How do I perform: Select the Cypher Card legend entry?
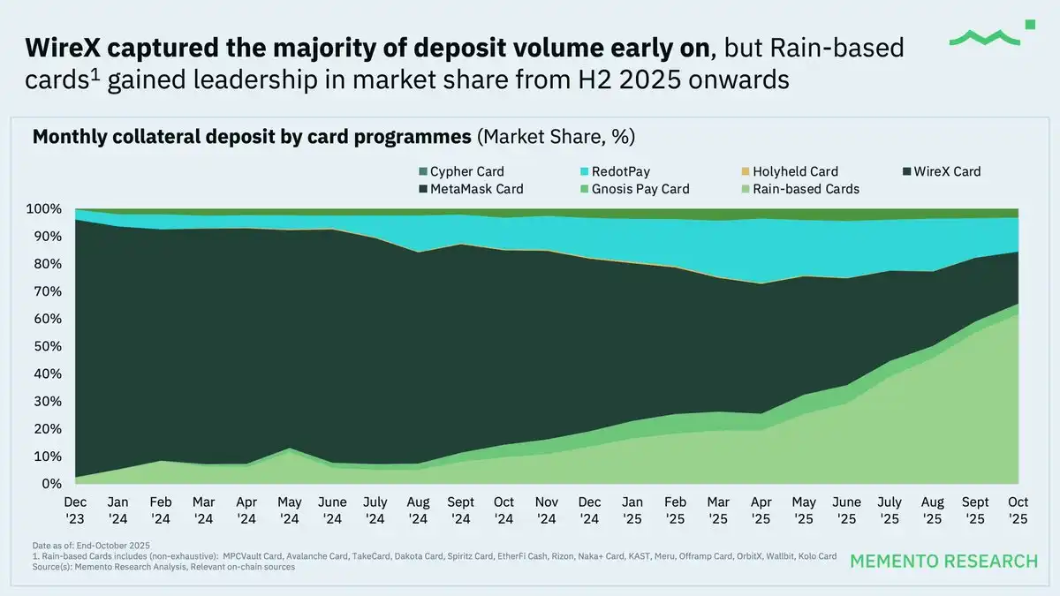pos(460,171)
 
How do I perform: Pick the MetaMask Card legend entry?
pos(469,189)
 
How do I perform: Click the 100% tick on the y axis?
pos(43,209)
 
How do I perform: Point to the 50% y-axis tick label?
pos(47,346)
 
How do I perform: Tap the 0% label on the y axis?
pos(50,484)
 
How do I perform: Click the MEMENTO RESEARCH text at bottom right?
pos(943,562)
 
